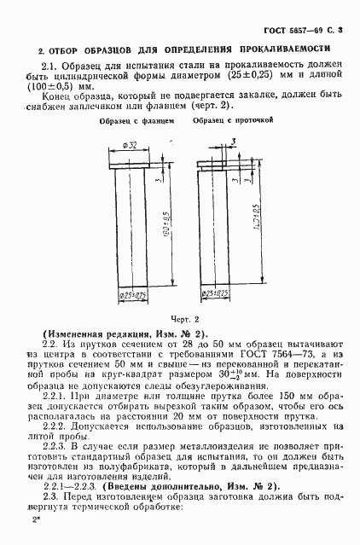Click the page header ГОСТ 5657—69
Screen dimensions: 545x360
pyautogui.click(x=311, y=30)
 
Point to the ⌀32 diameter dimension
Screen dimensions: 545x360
pyautogui.click(x=131, y=146)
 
